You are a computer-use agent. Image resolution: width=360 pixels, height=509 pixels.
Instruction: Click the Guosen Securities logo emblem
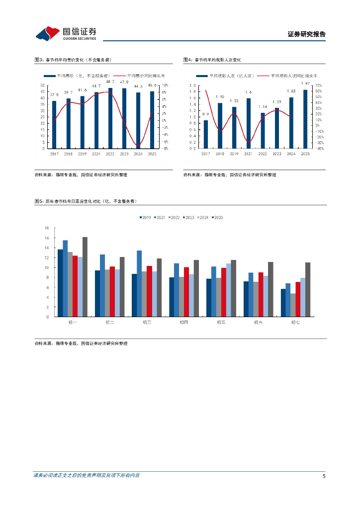tap(48, 34)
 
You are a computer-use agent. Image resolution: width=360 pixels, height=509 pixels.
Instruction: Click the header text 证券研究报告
tap(306, 35)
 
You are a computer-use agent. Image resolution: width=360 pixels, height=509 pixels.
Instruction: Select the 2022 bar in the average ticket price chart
tap(110, 118)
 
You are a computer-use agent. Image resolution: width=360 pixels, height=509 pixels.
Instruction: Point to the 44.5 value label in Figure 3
tap(138, 86)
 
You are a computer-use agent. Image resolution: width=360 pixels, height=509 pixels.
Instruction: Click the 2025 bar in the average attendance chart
tap(305, 119)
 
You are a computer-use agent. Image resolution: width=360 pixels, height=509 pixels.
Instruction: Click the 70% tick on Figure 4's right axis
tap(319, 85)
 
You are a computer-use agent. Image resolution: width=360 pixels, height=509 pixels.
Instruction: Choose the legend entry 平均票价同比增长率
tap(142, 76)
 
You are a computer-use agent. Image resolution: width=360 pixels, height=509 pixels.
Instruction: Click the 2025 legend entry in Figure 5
tap(218, 217)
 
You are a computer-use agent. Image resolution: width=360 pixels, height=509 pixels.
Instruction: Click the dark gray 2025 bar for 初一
tap(85, 277)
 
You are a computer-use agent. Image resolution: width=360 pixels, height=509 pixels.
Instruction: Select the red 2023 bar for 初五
tap(224, 292)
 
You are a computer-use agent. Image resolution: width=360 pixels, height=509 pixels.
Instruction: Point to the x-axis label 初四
tap(183, 323)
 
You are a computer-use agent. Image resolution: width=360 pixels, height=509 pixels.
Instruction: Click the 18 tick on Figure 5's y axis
tap(47, 228)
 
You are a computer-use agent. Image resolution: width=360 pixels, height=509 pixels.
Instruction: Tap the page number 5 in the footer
tap(324, 476)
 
